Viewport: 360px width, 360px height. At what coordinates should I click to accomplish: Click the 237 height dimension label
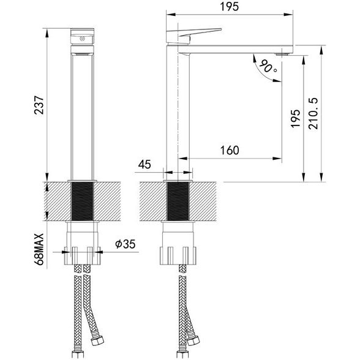(x=39, y=105)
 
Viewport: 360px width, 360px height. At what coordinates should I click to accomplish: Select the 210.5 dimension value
(x=313, y=113)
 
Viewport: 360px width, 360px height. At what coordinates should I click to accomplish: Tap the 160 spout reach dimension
(x=230, y=151)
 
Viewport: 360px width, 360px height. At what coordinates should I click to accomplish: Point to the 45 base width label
(x=144, y=164)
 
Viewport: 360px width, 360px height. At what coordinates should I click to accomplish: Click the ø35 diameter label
(x=126, y=244)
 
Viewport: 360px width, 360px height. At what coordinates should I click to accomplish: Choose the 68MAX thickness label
(x=39, y=249)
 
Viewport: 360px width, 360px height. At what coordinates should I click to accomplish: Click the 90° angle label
(x=268, y=67)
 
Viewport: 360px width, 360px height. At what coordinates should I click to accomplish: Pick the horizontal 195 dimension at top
(x=230, y=6)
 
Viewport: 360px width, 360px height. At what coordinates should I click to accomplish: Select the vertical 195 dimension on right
(x=295, y=119)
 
